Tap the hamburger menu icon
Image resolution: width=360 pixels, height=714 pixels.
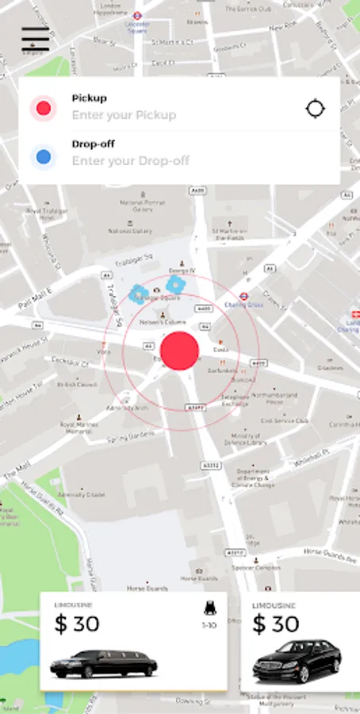[x=36, y=40]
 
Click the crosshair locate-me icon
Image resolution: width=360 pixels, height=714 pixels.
[x=315, y=109]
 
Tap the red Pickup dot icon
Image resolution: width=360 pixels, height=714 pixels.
[x=44, y=108]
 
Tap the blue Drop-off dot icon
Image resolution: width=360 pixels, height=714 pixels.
[x=44, y=157]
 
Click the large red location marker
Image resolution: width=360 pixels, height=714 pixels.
[x=180, y=351]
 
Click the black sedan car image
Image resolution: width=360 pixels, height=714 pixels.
[x=296, y=660]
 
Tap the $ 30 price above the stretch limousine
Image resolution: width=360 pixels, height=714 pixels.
[x=77, y=624]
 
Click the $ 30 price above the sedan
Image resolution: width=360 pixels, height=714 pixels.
[x=275, y=624]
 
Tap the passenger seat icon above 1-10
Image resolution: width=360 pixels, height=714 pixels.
[x=209, y=609]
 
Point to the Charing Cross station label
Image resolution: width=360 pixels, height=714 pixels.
[x=237, y=304]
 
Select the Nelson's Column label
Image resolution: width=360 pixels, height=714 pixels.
[x=163, y=323]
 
